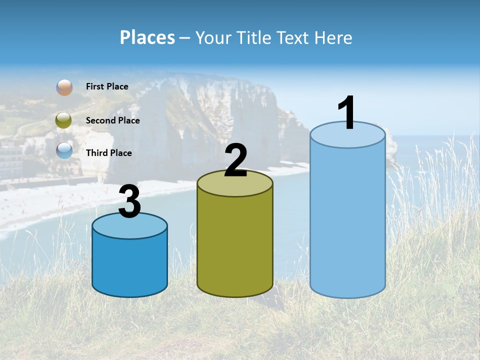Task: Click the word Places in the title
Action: pyautogui.click(x=147, y=37)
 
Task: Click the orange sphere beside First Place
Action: pyautogui.click(x=64, y=87)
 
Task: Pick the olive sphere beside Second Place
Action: pyautogui.click(x=64, y=120)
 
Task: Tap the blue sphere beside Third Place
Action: pyautogui.click(x=64, y=150)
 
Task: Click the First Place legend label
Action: pyautogui.click(x=107, y=86)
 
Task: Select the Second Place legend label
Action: pyautogui.click(x=112, y=120)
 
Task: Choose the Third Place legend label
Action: pyautogui.click(x=108, y=153)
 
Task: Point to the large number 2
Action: pyautogui.click(x=235, y=160)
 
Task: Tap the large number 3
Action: pyautogui.click(x=130, y=202)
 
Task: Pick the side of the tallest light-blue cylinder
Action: pyautogui.click(x=348, y=220)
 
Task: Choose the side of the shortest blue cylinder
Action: pyautogui.click(x=130, y=265)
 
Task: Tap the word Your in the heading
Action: pyautogui.click(x=212, y=37)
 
